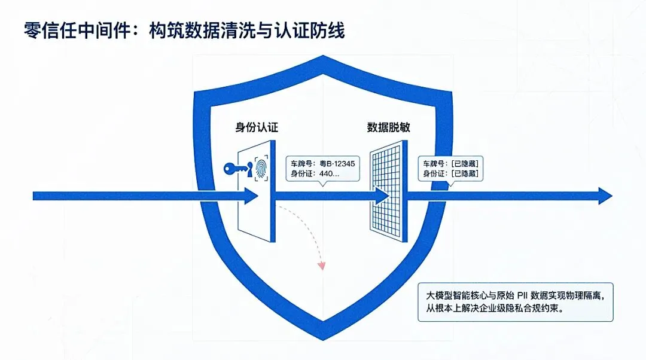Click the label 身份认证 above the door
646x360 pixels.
pos(257,127)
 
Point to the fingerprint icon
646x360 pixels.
pos(261,169)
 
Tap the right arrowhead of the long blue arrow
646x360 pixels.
pos(605,196)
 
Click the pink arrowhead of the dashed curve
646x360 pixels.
pos(322,264)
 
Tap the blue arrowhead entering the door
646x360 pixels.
pos(251,196)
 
